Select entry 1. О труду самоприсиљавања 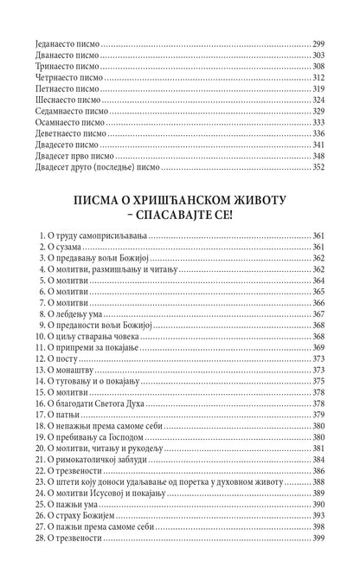pyautogui.click(x=95, y=236)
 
